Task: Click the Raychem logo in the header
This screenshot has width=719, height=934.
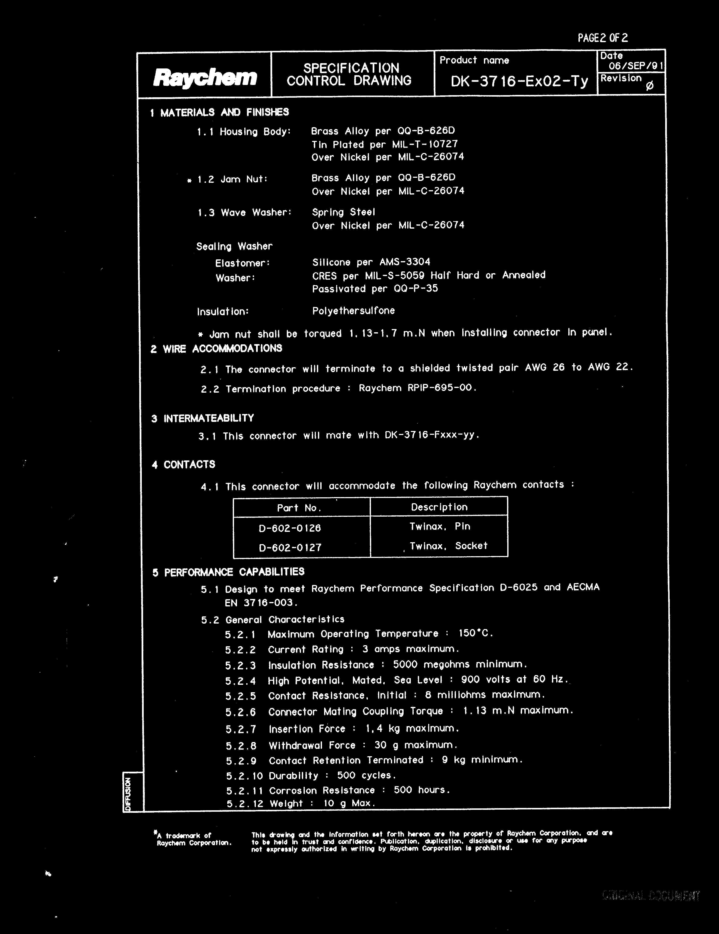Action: [205, 77]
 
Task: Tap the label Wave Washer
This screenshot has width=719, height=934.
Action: [256, 213]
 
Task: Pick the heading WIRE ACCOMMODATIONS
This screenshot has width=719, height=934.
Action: [222, 349]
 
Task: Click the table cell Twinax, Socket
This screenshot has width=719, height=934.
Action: [448, 546]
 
